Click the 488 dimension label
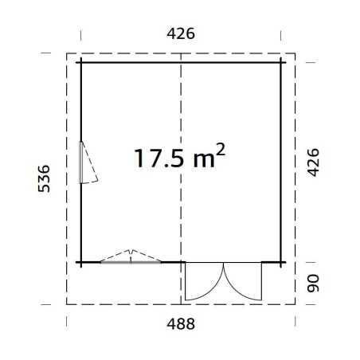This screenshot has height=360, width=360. [181, 324]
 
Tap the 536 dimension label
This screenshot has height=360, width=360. [44, 178]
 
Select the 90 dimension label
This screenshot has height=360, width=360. [313, 284]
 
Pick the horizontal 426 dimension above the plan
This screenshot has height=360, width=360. [181, 33]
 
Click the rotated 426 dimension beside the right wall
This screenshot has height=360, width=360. [313, 162]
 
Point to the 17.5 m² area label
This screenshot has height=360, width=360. [180, 156]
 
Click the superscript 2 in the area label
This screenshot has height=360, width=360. [221, 149]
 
